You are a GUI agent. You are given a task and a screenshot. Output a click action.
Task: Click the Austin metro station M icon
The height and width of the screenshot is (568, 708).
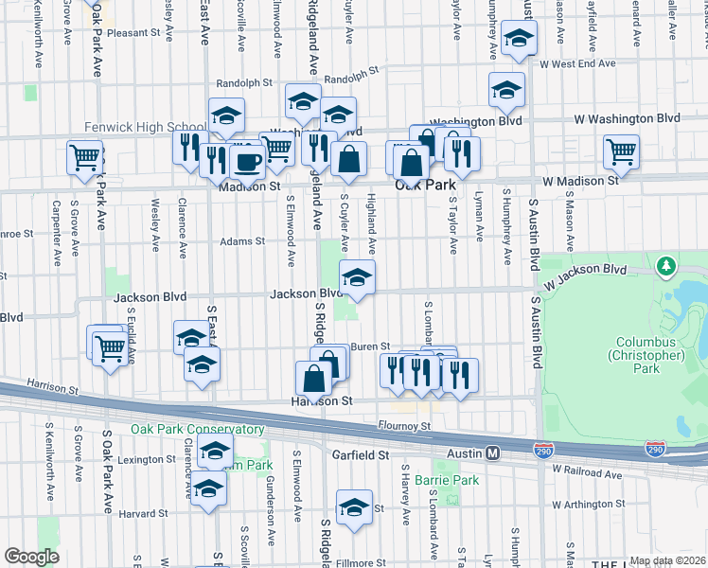pos(493,453)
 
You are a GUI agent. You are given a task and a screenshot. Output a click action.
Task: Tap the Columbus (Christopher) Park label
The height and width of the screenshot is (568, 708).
pos(650,355)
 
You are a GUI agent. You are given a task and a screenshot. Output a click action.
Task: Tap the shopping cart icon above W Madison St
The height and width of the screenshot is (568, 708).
pos(622,151)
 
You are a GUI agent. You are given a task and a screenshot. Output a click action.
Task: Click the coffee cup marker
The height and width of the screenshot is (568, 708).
pos(248,161)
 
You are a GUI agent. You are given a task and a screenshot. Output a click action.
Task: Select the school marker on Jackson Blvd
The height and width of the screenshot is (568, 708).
pos(357,277)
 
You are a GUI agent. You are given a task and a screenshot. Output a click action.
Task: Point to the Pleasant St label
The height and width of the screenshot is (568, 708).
pos(134,32)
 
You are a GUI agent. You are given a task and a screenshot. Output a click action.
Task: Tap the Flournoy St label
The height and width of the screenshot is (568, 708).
pos(403,426)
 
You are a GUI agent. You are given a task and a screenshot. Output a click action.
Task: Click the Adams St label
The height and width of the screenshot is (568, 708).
pos(242,241)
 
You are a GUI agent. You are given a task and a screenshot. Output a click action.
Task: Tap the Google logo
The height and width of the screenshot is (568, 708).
pos(31,557)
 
